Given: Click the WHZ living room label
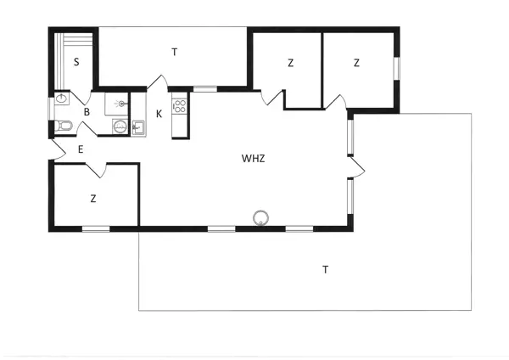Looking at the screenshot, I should [254, 158].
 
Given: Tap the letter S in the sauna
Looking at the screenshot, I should [76, 62].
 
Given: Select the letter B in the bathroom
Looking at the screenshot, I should [87, 111].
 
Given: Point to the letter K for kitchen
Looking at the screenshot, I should [159, 115].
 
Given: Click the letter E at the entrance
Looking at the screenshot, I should [81, 149].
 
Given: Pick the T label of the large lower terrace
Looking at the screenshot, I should [325, 270].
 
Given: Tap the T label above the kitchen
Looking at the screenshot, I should [175, 53].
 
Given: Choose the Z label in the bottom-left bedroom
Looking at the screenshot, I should [93, 199].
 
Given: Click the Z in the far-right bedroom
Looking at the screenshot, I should [357, 63].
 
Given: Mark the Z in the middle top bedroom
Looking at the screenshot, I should [290, 63].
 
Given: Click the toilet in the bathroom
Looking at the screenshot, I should [63, 127].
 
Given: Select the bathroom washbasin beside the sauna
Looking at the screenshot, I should [61, 100].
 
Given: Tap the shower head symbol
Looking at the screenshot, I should [120, 104].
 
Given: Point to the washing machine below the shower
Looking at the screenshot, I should [120, 127].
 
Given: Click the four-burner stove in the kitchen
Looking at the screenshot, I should [179, 106].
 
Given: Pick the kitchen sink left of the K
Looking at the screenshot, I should [137, 129].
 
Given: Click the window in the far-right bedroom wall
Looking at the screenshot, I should [395, 68].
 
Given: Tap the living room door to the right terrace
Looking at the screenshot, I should [357, 168].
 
